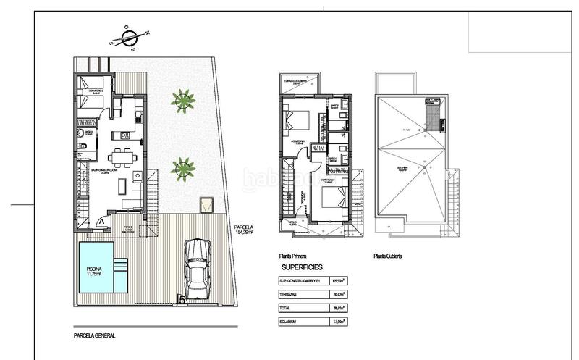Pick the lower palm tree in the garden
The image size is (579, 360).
click(x=182, y=169)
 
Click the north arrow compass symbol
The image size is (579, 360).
click(x=130, y=37)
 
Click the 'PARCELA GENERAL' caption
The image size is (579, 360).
click(x=95, y=336)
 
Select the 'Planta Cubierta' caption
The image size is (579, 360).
click(x=388, y=256)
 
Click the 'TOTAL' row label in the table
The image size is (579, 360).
click(x=287, y=308)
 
